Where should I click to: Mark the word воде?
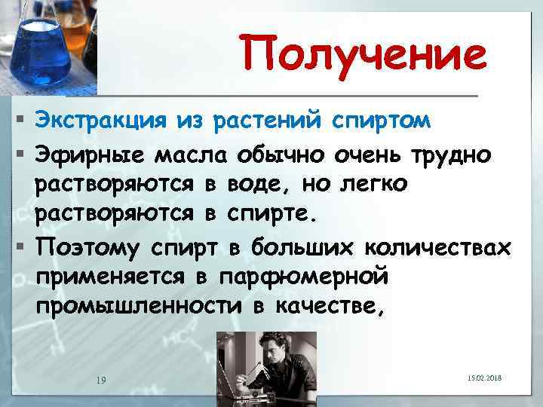coord(251,183)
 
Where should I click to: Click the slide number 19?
coord(100,378)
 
